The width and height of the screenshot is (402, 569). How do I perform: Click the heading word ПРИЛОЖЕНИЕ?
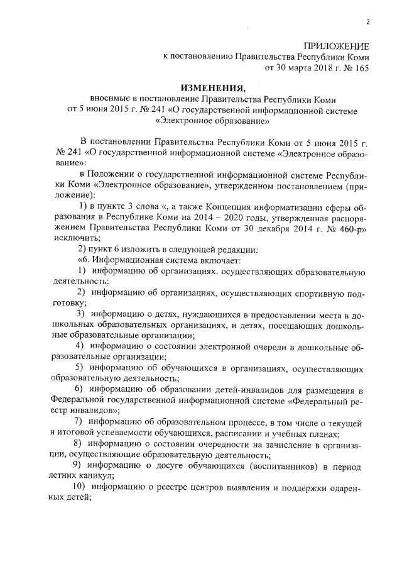336,45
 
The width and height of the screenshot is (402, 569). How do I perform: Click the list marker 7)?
79,421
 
